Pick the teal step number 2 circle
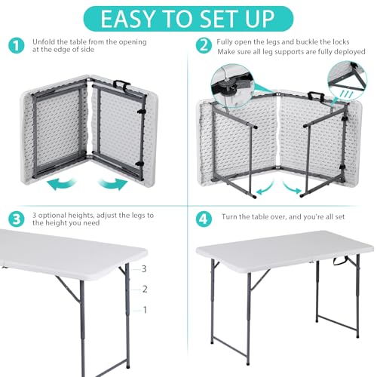(x=201, y=44)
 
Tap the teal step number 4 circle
(x=201, y=219)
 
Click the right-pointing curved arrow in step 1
(x=112, y=183)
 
